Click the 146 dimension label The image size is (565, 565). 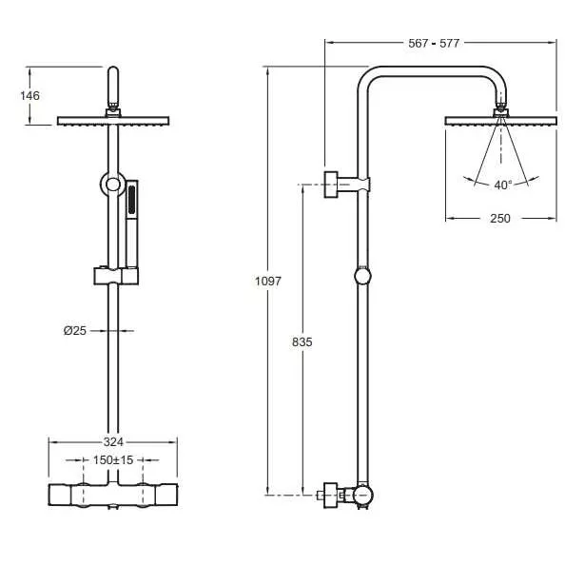29,95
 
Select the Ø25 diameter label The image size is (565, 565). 75,330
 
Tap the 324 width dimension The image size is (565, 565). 113,441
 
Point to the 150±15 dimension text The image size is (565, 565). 113,459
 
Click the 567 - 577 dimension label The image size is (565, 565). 434,43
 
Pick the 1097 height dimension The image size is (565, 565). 267,281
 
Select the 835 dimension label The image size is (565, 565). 302,342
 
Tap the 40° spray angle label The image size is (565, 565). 502,185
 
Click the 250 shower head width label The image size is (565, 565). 500,219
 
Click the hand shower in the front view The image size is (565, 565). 132,224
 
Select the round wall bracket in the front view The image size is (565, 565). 113,185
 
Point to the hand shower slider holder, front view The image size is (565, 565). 116,276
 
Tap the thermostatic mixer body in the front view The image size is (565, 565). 113,496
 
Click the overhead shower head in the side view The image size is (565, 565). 501,122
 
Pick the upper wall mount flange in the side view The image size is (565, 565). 331,185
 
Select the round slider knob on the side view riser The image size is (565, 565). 362,277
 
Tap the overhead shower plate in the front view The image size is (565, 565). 113,121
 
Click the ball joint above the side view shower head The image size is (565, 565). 500,107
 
